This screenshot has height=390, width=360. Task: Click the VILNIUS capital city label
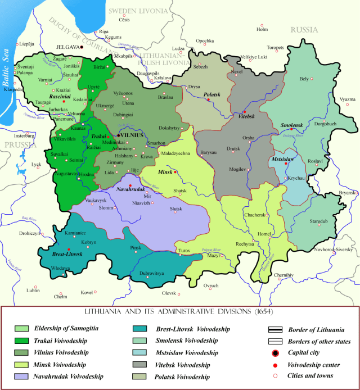131,136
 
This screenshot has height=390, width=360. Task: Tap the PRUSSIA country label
16,145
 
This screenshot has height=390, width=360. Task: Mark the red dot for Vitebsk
237,112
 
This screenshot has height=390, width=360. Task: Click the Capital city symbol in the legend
275,353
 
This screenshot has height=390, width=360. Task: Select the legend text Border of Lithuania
318,329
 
